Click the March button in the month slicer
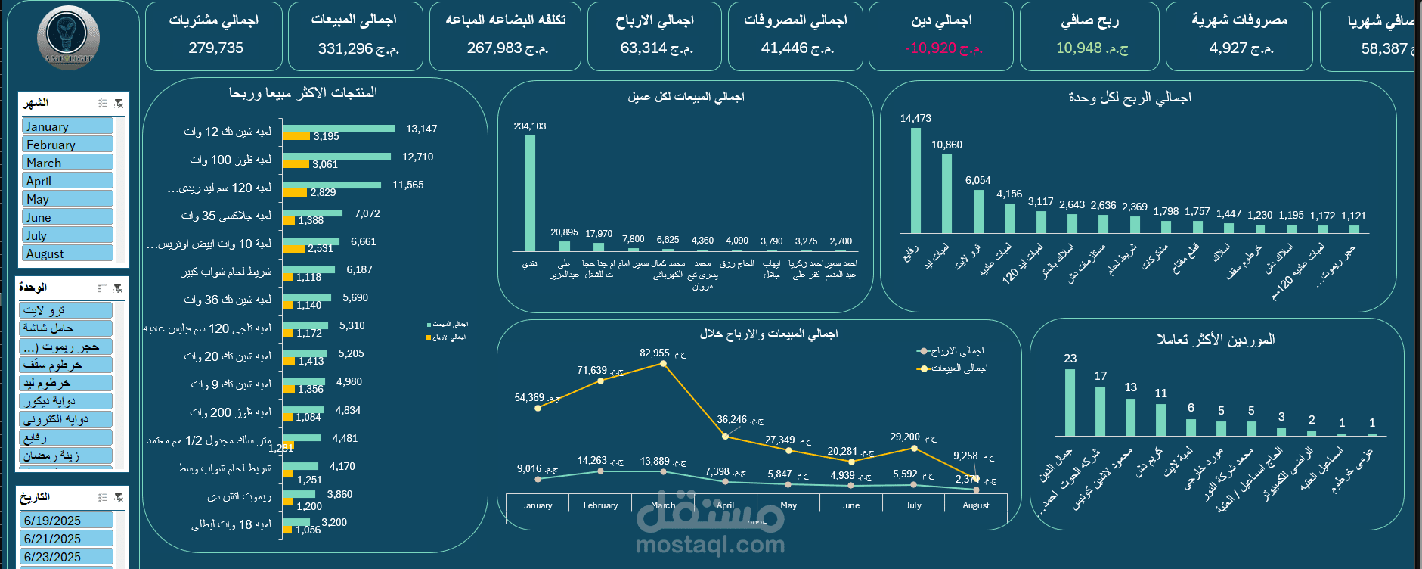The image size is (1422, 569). click(x=67, y=163)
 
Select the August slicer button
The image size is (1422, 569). click(x=67, y=253)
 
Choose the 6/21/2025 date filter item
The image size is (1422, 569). click(x=67, y=538)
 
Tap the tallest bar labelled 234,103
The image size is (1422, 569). click(x=530, y=192)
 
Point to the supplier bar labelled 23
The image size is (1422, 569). click(x=1070, y=402)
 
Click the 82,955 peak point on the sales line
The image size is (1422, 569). click(x=663, y=364)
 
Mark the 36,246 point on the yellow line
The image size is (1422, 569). click(x=725, y=436)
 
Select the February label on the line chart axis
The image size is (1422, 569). click(x=600, y=505)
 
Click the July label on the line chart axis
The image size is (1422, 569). click(x=913, y=505)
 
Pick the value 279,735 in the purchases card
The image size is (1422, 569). click(x=216, y=48)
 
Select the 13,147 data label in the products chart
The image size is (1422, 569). click(x=421, y=129)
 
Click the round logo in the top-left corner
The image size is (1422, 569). click(x=68, y=36)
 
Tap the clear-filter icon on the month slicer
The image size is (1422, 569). click(x=119, y=103)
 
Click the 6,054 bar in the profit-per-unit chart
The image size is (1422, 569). click(x=978, y=211)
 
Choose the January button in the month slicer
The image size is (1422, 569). click(x=67, y=126)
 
